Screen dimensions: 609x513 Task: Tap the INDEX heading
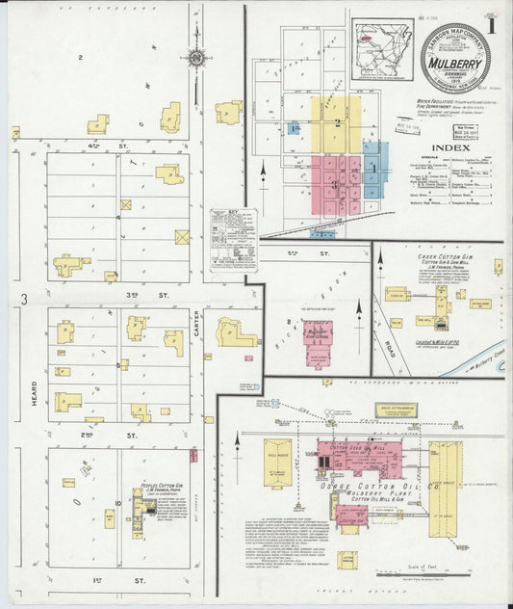[448, 147]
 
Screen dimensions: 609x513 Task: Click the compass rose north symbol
[197, 59]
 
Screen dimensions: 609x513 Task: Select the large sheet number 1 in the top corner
[492, 26]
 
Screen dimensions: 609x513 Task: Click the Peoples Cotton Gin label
[163, 487]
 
